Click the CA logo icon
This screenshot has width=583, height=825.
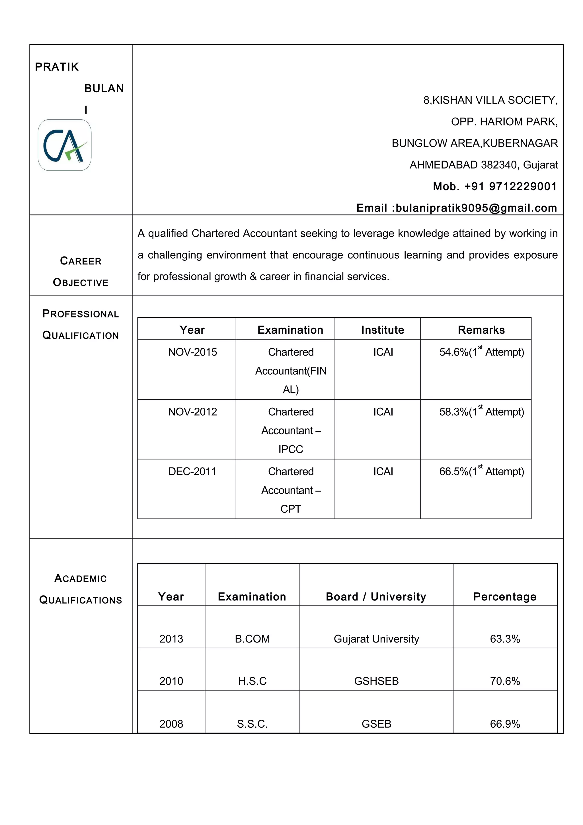[x=65, y=145]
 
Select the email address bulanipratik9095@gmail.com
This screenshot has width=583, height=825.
[x=476, y=208]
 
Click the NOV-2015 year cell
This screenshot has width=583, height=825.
[x=192, y=352]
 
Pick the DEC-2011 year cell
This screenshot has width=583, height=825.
[x=192, y=471]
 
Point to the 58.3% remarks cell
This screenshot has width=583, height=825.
[x=481, y=412]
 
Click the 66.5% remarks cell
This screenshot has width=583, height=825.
[x=481, y=471]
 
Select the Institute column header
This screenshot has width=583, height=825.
[x=383, y=330]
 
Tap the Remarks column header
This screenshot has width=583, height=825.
[x=481, y=330]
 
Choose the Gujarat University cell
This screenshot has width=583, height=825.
[x=376, y=639]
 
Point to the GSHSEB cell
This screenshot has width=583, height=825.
[x=376, y=681]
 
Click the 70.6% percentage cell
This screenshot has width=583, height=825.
[x=505, y=681]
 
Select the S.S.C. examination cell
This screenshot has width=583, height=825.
[x=252, y=724]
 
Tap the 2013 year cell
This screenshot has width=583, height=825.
[x=171, y=639]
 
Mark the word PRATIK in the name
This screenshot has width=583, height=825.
[x=57, y=67]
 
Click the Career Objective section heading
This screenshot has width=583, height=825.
[x=81, y=272]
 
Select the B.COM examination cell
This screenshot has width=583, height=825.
[x=252, y=639]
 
